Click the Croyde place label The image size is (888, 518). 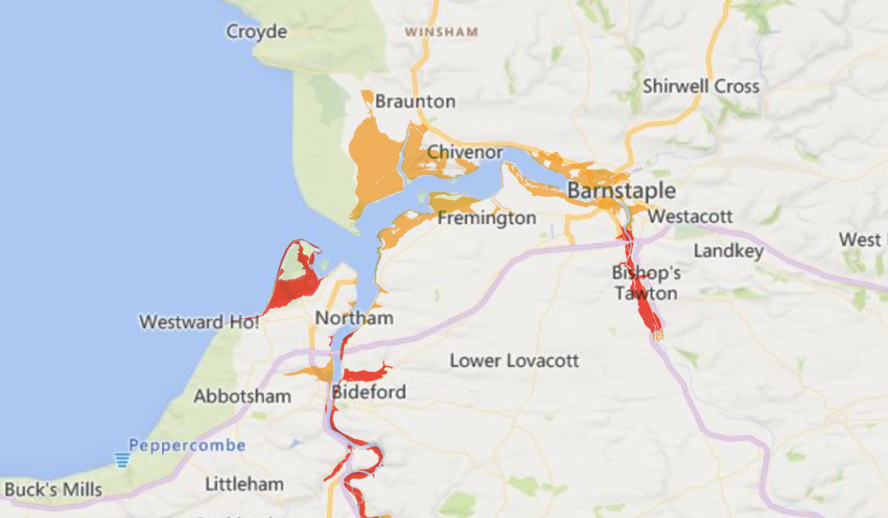coord(256,32)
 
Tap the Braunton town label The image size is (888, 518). coord(415,101)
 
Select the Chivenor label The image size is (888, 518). coord(465,152)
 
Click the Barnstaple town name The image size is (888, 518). coord(622,191)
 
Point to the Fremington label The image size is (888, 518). coord(487,218)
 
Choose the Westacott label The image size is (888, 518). coord(690,217)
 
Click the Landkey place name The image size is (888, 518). coord(728,252)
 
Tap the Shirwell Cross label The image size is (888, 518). coord(701,86)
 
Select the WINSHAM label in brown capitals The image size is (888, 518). coord(442,33)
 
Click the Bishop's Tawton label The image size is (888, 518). coord(645,283)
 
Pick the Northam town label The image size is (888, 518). coord(354,318)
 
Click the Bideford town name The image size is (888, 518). coord(369,391)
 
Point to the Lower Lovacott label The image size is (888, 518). coord(514,361)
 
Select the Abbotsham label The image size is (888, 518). coord(242,397)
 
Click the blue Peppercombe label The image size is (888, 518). coord(186,445)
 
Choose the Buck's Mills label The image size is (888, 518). coord(53,490)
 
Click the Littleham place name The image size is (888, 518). coord(244,485)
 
